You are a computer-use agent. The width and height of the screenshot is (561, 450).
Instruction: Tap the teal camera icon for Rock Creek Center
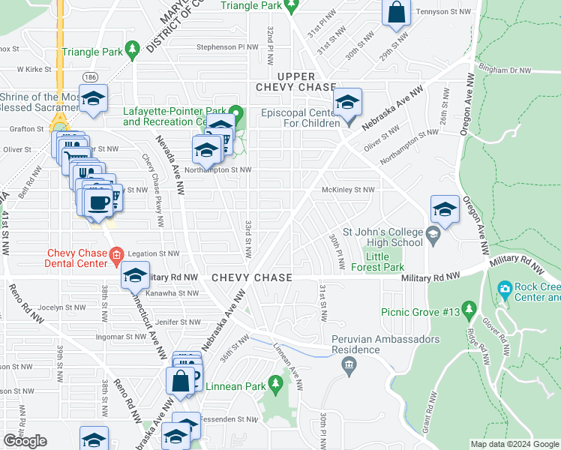(x=505, y=289)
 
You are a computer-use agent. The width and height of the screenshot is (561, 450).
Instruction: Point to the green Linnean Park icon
(x=275, y=386)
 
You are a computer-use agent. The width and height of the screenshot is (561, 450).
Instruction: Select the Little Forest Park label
(x=384, y=262)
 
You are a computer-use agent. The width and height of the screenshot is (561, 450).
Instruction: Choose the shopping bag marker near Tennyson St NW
(x=396, y=13)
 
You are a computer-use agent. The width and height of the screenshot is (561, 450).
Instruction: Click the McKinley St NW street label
(x=348, y=190)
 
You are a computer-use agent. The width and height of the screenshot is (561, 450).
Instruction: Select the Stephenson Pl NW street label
(x=226, y=46)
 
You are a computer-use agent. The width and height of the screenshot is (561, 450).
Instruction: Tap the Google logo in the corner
(x=25, y=441)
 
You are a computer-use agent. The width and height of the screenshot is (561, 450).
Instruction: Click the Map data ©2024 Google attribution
(x=514, y=444)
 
